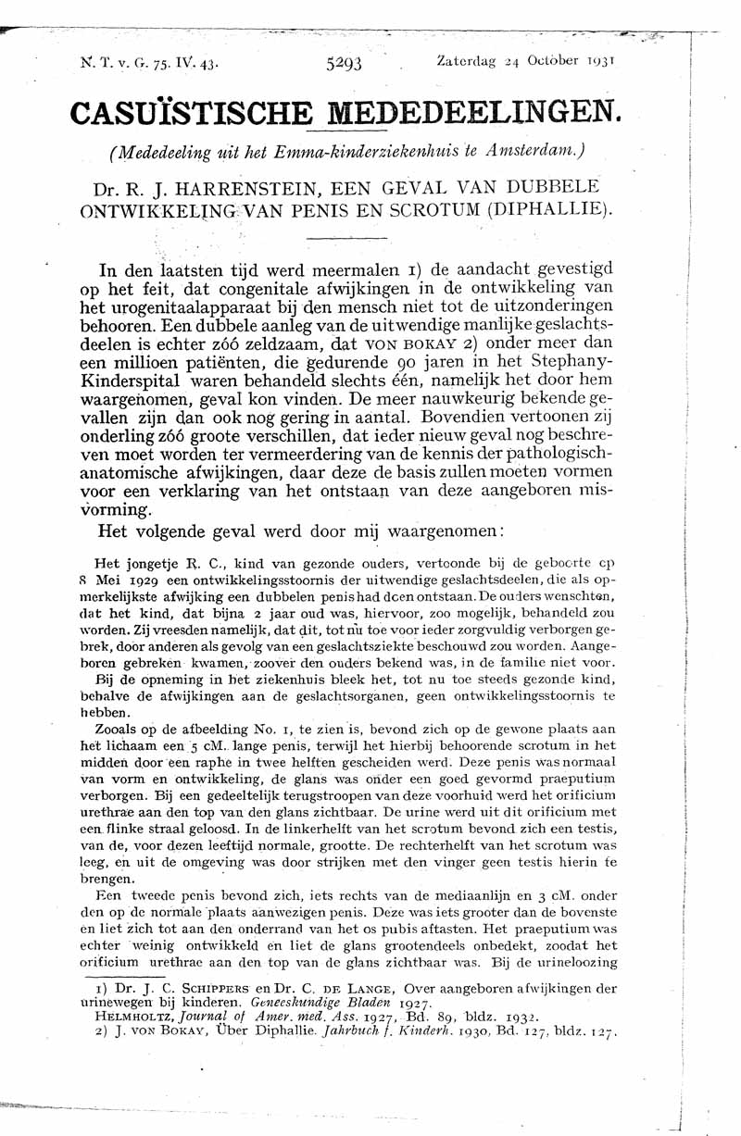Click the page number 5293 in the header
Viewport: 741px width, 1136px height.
[x=344, y=63]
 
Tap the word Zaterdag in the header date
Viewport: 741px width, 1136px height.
[x=467, y=61]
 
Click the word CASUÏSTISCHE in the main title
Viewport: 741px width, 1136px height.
[x=172, y=114]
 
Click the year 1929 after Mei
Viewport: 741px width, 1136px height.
[x=148, y=580]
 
